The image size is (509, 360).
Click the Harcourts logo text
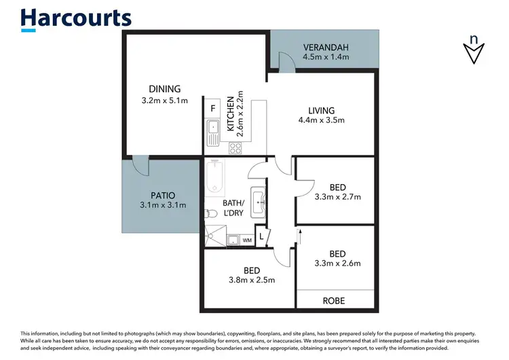[76, 18]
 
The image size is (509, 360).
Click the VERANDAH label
[325, 48]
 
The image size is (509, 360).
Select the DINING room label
[165, 88]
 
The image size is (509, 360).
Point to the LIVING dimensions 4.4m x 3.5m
[322, 121]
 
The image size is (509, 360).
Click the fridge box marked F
[213, 108]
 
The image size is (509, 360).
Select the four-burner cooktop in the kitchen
[236, 147]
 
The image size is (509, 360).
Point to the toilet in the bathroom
[211, 214]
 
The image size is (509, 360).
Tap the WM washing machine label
[246, 240]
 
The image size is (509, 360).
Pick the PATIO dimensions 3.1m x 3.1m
[163, 204]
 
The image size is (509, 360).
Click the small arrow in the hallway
[299, 236]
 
